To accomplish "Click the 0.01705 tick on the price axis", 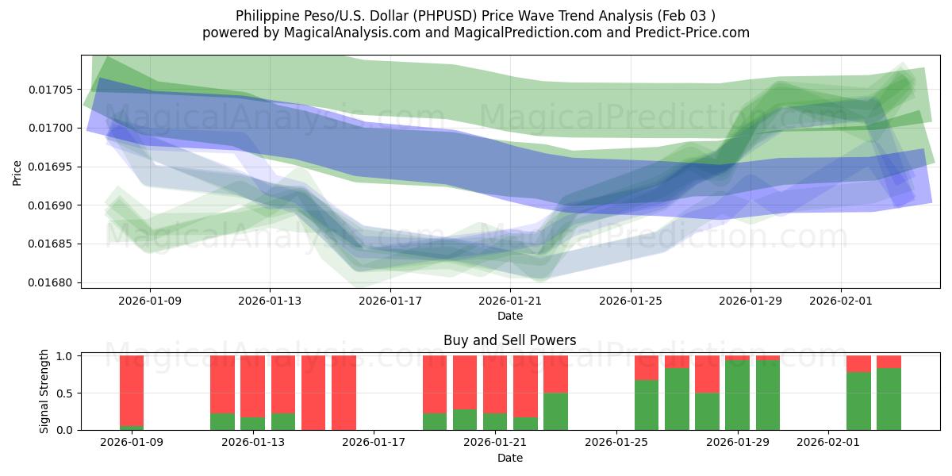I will coord(52,89).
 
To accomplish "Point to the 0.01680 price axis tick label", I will coord(52,282).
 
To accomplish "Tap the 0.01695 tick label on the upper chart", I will coord(52,167).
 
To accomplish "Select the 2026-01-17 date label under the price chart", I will coord(390,301).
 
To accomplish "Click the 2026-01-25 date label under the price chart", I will coord(631,301).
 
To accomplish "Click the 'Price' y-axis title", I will coord(17,171).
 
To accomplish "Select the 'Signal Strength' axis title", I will coord(44,391).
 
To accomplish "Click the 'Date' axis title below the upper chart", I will coord(509,316).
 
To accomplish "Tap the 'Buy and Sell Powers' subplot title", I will coord(509,340).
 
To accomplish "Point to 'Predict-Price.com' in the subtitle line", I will coord(688,33).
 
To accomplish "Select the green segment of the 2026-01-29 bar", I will coord(738,395).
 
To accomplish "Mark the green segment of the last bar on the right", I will coord(889,399).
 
